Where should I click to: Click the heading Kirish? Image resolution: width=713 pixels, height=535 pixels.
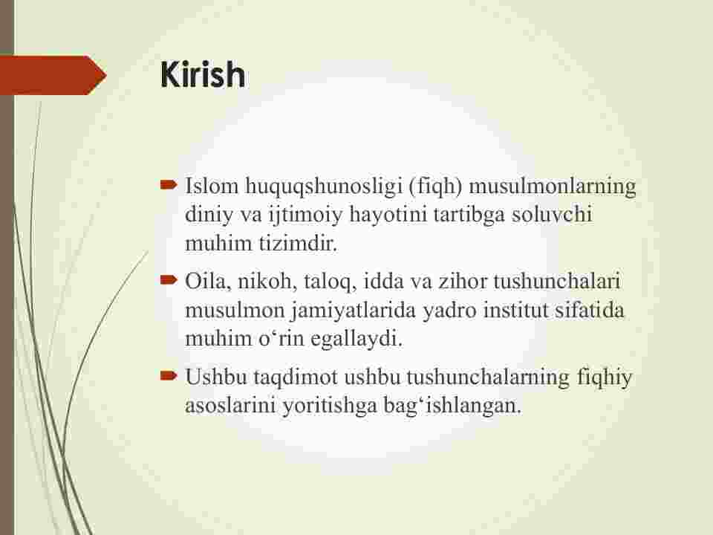coord(203,74)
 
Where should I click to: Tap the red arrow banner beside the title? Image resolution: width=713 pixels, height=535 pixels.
coord(53,75)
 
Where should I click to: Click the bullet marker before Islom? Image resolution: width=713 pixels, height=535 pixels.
coord(169,185)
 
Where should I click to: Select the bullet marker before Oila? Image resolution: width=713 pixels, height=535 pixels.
coord(169,280)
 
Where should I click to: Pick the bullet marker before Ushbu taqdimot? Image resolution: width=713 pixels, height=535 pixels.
coord(169,376)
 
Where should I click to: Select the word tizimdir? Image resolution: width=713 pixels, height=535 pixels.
coord(299,243)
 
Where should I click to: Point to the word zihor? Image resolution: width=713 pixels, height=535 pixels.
coord(463,282)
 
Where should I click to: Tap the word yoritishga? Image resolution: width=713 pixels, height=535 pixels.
coord(330,406)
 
